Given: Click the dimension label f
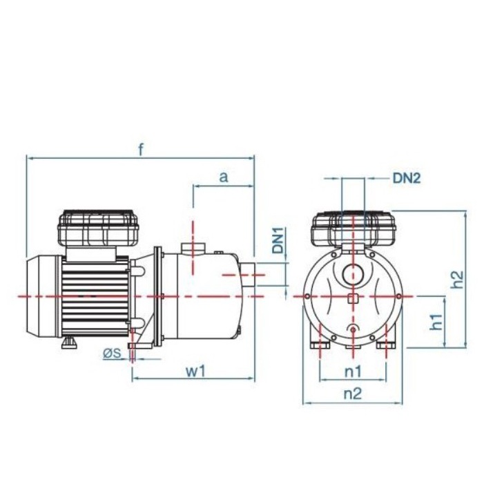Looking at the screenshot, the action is click(x=141, y=150).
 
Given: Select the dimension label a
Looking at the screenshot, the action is click(x=224, y=177).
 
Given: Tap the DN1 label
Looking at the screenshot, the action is click(x=278, y=240).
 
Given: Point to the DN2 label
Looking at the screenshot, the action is click(x=406, y=178).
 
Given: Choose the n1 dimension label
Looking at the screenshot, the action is click(x=353, y=371).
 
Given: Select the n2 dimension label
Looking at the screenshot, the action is click(x=352, y=394).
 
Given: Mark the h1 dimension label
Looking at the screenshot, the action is click(x=436, y=322).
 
